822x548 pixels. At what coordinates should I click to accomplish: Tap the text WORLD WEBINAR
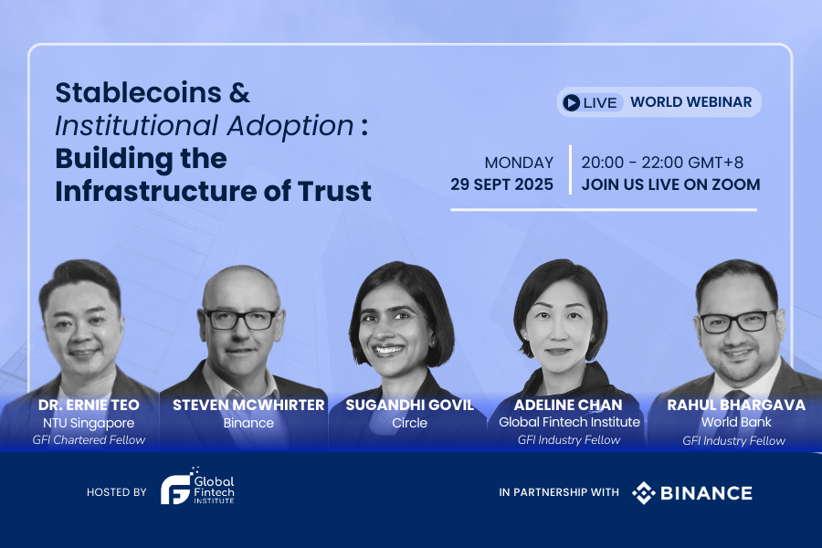690,101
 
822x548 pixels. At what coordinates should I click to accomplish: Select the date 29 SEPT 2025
501,184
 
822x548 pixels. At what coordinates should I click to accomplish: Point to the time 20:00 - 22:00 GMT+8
662,163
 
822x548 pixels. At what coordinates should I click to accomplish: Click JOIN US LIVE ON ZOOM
670,184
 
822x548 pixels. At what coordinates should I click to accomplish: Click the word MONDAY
519,163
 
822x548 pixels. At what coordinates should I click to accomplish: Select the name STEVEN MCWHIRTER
248,405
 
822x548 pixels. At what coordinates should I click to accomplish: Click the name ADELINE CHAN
568,405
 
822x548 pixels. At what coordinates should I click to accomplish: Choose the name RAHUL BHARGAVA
736,405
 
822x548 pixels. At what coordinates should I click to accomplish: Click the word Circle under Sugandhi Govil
409,423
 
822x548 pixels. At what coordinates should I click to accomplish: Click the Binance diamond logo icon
644,493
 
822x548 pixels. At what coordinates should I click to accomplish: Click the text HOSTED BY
116,492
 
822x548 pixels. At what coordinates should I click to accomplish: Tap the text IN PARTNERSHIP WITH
559,493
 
